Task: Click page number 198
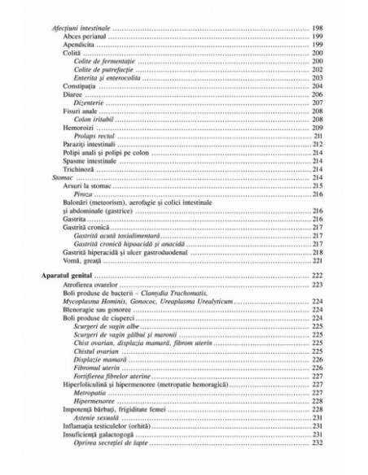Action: [x=318, y=28]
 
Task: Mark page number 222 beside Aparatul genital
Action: [x=318, y=277]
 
